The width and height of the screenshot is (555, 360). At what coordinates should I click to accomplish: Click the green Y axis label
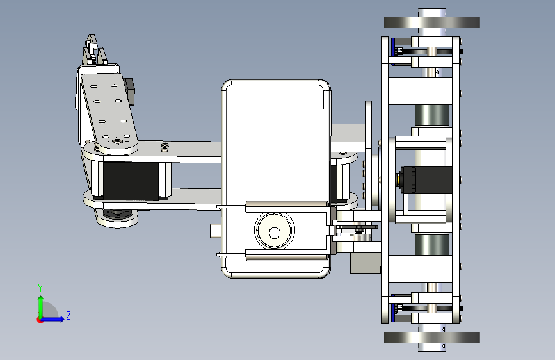[40, 288]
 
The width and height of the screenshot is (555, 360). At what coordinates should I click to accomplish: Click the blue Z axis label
[68, 315]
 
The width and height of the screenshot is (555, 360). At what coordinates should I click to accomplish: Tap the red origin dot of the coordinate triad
[39, 320]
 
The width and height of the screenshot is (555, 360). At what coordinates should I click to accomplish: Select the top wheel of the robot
[432, 22]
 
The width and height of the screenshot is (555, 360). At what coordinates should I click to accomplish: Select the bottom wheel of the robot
[432, 338]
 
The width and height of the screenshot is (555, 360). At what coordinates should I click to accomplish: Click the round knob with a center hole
[275, 231]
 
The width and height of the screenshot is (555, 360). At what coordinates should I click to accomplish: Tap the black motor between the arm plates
[131, 181]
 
